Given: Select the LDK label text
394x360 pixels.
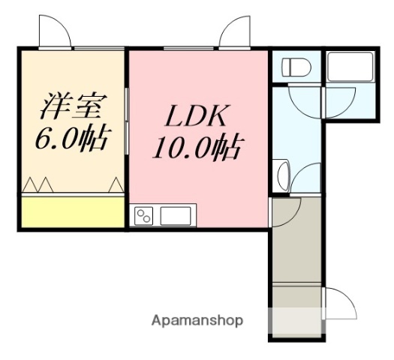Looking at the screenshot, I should tap(197, 118).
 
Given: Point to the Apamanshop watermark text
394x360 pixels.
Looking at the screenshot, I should tap(197, 321).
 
